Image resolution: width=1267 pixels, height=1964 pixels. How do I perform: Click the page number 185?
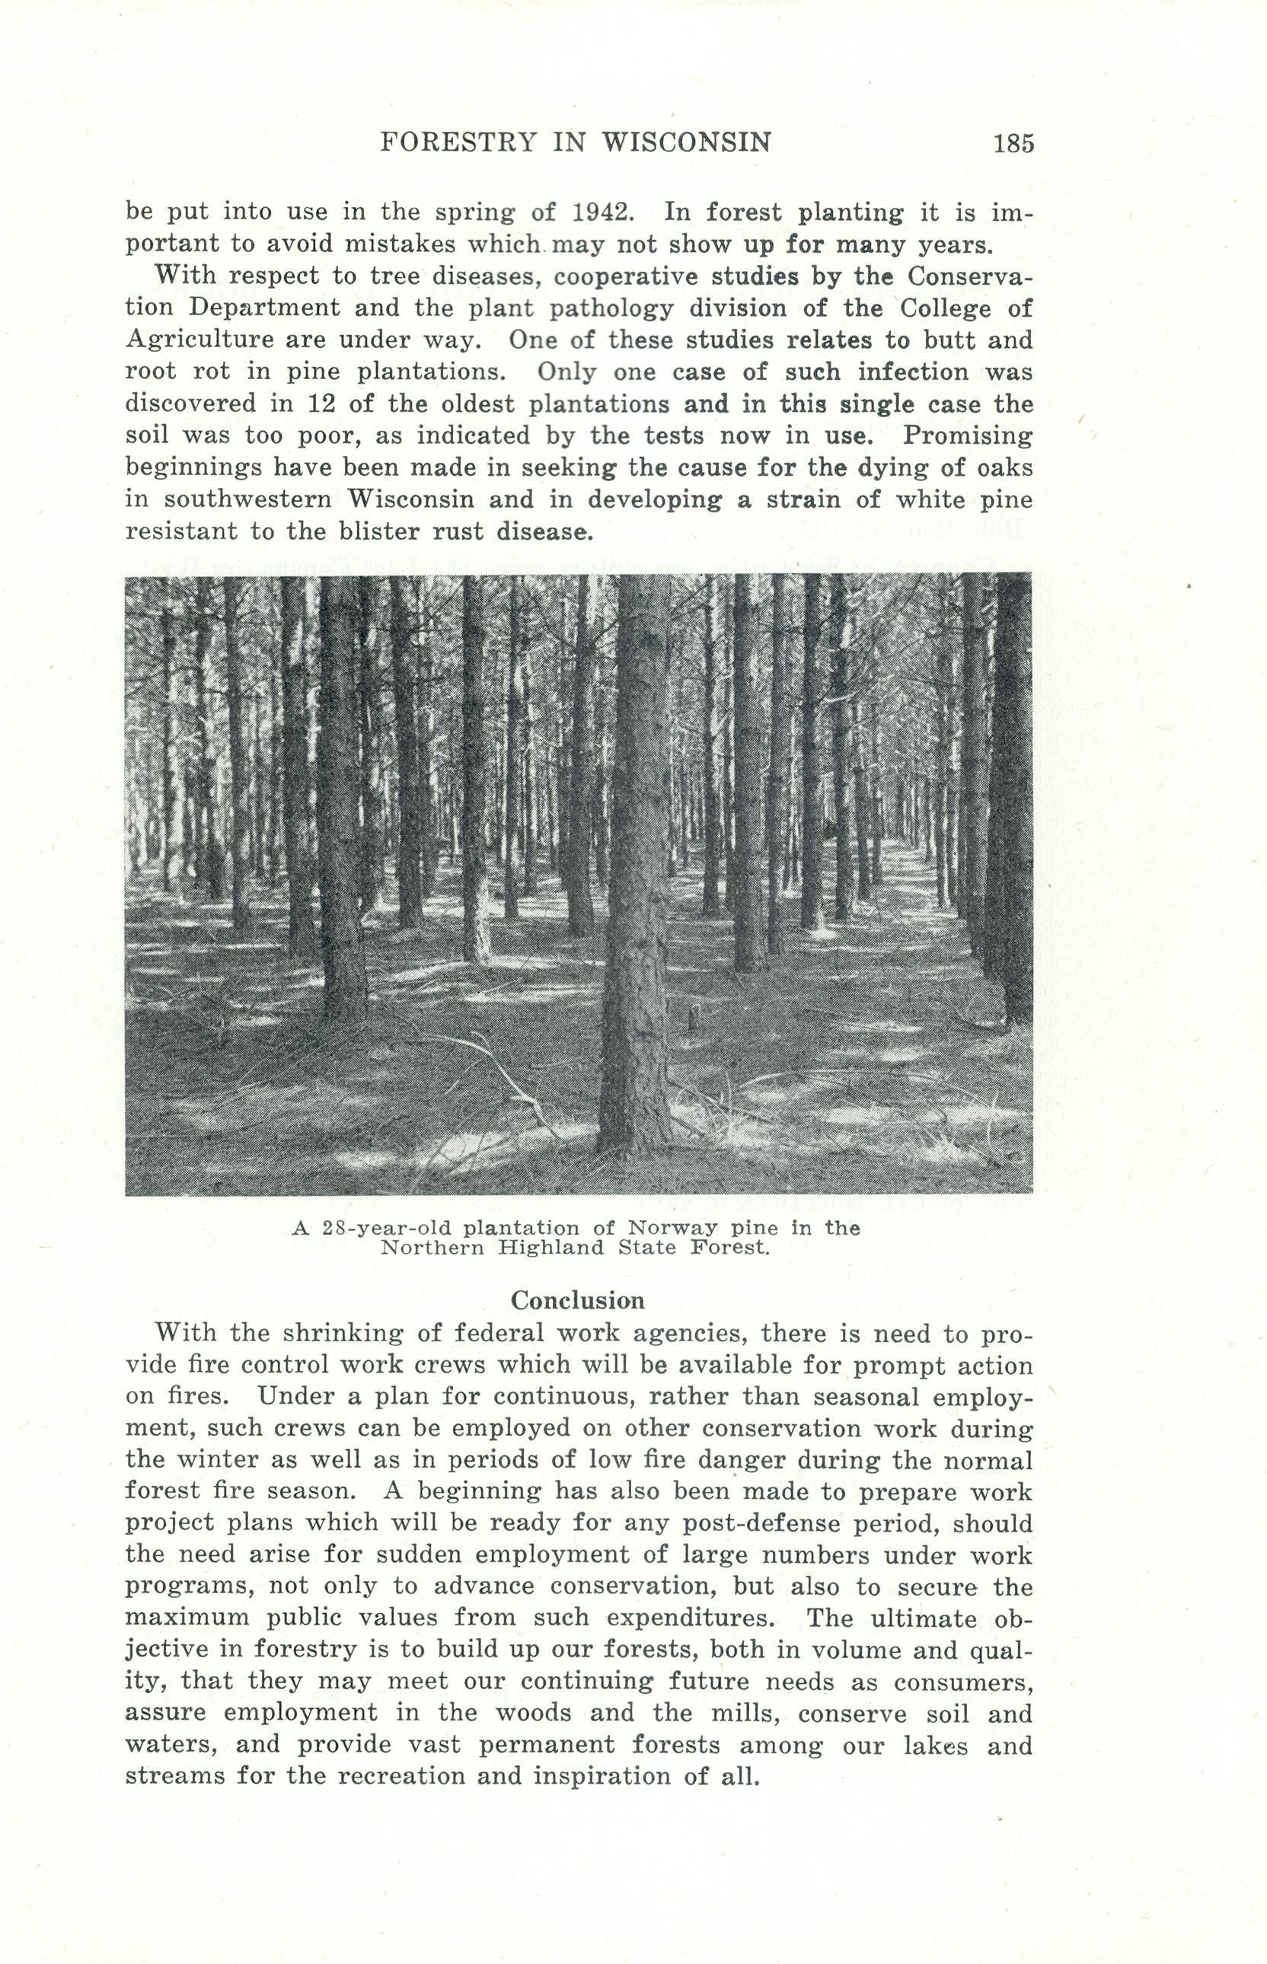[1013, 143]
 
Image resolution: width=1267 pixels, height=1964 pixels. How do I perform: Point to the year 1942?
[602, 212]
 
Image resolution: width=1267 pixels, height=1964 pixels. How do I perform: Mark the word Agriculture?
[199, 340]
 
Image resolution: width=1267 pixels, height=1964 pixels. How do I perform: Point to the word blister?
[378, 531]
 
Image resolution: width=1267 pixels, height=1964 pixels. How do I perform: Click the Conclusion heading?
[578, 1300]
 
